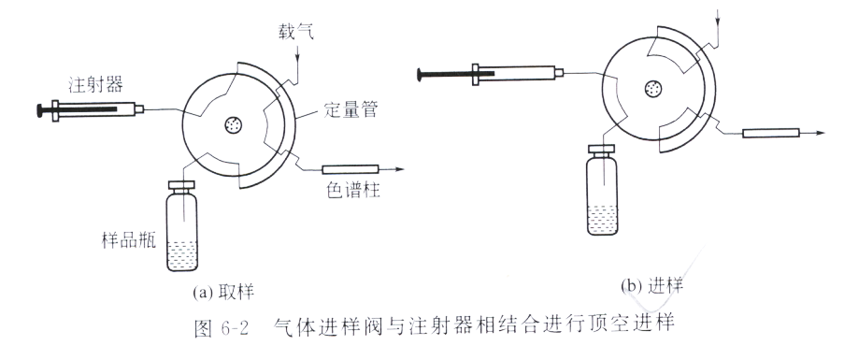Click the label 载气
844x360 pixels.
pyautogui.click(x=295, y=33)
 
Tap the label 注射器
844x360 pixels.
pyautogui.click(x=95, y=84)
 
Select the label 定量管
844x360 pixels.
pyautogui.click(x=350, y=110)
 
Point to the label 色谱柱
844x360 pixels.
pyautogui.click(x=353, y=190)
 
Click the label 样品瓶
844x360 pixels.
pyautogui.click(x=129, y=240)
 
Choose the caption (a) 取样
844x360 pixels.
pyautogui.click(x=222, y=292)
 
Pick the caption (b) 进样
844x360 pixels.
pyautogui.click(x=651, y=286)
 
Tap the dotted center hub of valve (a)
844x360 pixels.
pyautogui.click(x=233, y=126)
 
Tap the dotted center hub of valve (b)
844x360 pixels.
pyautogui.click(x=653, y=88)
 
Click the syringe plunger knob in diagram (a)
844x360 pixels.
pyautogui.click(x=39, y=110)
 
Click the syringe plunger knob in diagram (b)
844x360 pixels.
pyautogui.click(x=421, y=74)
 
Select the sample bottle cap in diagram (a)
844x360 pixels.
pyautogui.click(x=181, y=186)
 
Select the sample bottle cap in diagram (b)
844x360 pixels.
pyautogui.click(x=602, y=151)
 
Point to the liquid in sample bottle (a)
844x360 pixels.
pyautogui.click(x=182, y=256)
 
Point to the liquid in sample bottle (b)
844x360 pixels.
pyautogui.click(x=602, y=220)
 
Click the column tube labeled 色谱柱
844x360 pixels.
pyautogui.click(x=350, y=169)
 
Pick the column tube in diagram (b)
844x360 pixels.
pyautogui.click(x=771, y=133)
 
